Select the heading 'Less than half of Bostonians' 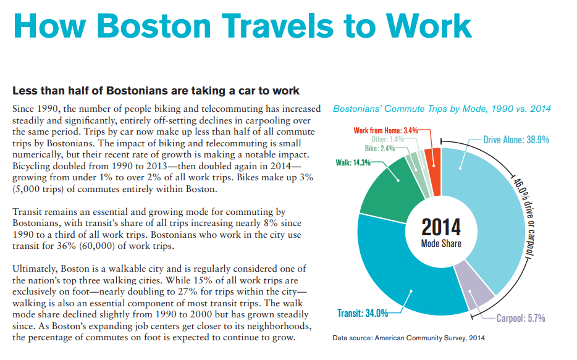(x=156, y=91)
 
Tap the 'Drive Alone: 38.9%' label (x=516, y=140)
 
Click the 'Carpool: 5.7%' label (x=521, y=319)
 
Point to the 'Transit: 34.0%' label (x=362, y=313)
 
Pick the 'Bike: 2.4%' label (x=380, y=149)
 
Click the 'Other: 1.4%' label (x=387, y=140)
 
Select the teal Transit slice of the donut (x=402, y=278)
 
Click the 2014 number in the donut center (x=441, y=227)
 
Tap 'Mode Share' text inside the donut (x=441, y=243)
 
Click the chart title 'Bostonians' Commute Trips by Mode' (x=442, y=109)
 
